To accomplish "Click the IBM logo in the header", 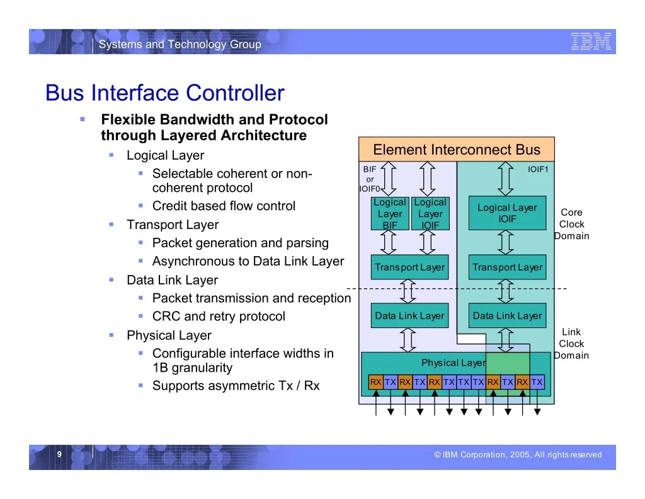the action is pos(591,42).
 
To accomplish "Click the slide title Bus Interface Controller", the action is pos(164,93).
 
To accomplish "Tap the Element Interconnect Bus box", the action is pos(457,149).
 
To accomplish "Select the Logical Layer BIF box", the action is pos(390,213).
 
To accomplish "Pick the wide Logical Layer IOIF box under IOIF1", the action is pos(507,213).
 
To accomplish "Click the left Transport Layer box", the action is pos(409,267).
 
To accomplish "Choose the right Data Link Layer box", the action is pos(507,315).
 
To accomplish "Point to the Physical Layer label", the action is pos(454,363).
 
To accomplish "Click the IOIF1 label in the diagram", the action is pos(538,169).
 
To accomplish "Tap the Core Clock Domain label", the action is pos(571,224).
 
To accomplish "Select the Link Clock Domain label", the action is pos(571,344).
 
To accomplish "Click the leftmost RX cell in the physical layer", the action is pos(375,382).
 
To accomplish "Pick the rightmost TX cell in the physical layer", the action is pos(537,382).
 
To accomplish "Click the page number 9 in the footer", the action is pos(59,454).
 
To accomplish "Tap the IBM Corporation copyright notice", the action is pos(518,454).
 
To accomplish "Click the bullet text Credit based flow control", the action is pos(224,206).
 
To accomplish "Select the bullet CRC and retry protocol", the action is pos(219,316).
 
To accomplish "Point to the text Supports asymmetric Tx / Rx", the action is pos(236,385).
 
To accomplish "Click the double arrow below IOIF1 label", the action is pos(506,179).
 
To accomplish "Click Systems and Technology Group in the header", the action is pos(180,44).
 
